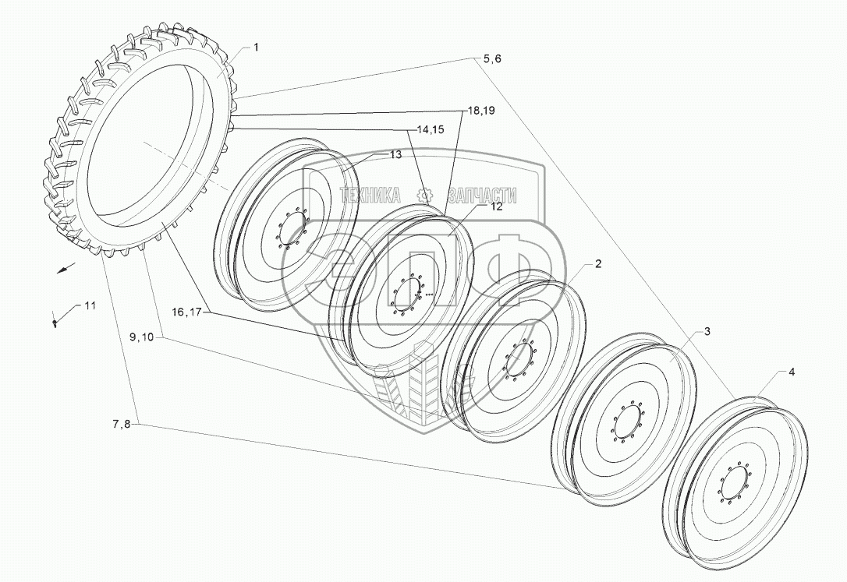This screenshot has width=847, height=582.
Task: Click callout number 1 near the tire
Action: tap(257, 48)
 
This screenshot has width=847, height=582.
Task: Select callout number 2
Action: tap(597, 264)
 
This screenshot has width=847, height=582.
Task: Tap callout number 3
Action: tap(707, 333)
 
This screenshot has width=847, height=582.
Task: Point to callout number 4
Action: tap(792, 372)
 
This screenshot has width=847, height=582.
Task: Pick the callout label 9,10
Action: tap(143, 337)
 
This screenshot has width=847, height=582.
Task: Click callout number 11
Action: tap(90, 305)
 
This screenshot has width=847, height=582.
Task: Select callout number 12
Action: tap(497, 206)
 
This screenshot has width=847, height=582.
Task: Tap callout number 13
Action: tap(395, 155)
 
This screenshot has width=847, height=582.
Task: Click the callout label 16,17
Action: tap(188, 312)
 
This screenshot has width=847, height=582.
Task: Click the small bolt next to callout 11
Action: tap(55, 320)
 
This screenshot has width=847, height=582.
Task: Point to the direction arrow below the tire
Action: tap(68, 268)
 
